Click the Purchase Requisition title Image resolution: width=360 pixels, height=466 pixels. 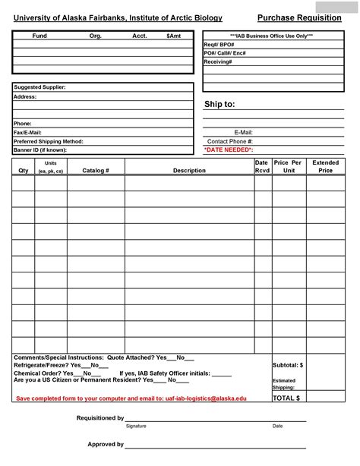pyautogui.click(x=299, y=17)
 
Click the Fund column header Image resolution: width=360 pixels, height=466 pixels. pyautogui.click(x=39, y=36)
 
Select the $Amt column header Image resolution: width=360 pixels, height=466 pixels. pyautogui.click(x=174, y=36)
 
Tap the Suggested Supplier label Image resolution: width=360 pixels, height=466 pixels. pyautogui.click(x=39, y=87)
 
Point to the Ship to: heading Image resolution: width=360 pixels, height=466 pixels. pyautogui.click(x=219, y=104)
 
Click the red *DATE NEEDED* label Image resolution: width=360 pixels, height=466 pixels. pyautogui.click(x=229, y=150)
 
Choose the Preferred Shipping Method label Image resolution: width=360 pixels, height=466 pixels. pyautogui.click(x=49, y=141)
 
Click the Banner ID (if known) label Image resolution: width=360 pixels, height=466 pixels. pyautogui.click(x=40, y=150)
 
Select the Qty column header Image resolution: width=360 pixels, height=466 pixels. pyautogui.click(x=23, y=171)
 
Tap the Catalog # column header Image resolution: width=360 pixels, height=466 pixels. pyautogui.click(x=96, y=171)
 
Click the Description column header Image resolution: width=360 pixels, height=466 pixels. pyautogui.click(x=189, y=171)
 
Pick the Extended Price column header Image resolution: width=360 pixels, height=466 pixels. pyautogui.click(x=326, y=166)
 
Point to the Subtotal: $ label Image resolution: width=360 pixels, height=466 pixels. pyautogui.click(x=288, y=365)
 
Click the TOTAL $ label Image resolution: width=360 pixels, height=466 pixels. pyautogui.click(x=286, y=398)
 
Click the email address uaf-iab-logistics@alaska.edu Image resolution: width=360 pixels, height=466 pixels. pyautogui.click(x=206, y=398)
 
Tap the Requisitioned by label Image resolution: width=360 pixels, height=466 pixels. pyautogui.click(x=100, y=418)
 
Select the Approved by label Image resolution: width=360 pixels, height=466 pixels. pyautogui.click(x=106, y=444)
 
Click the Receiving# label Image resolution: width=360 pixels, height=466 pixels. pyautogui.click(x=218, y=61)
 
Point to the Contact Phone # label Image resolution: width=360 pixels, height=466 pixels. pyautogui.click(x=230, y=141)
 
